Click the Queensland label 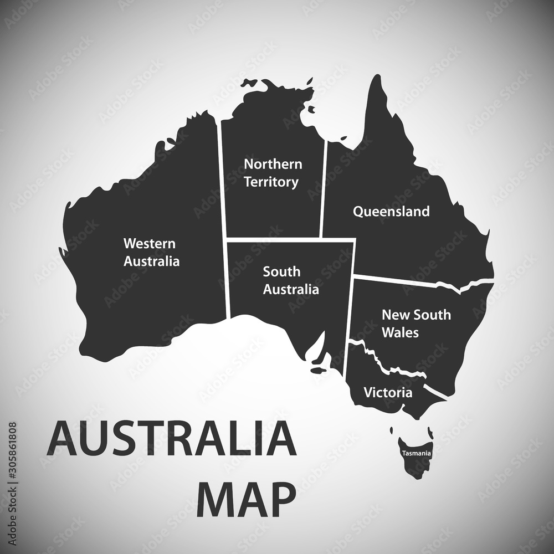tap(391, 211)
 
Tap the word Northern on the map tap(273, 164)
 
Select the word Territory tap(271, 182)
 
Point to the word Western tap(149, 243)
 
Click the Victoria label tap(388, 393)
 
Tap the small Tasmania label tap(417, 453)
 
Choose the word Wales tap(400, 332)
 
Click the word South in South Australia tap(281, 271)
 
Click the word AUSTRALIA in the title tap(172, 438)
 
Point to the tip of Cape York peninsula tap(377, 78)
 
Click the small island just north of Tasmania tap(392, 430)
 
